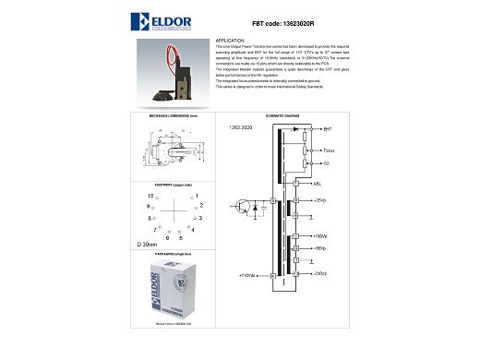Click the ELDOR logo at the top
click(170, 20)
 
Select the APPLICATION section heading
click(231, 42)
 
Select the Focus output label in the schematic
click(330, 149)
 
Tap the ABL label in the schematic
click(318, 184)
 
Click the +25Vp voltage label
click(320, 199)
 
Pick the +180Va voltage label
click(322, 237)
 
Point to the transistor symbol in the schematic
click(243, 207)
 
